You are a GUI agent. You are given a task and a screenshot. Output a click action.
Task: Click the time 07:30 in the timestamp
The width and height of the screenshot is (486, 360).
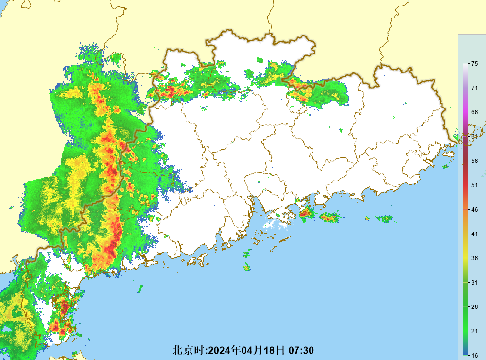(301, 350)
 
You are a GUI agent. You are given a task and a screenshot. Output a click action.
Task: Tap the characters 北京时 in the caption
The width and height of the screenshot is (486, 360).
(190, 350)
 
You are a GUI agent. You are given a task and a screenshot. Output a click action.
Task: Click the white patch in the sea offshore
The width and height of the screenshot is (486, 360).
(275, 224)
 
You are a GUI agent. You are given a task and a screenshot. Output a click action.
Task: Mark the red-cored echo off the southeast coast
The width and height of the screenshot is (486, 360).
(306, 213)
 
